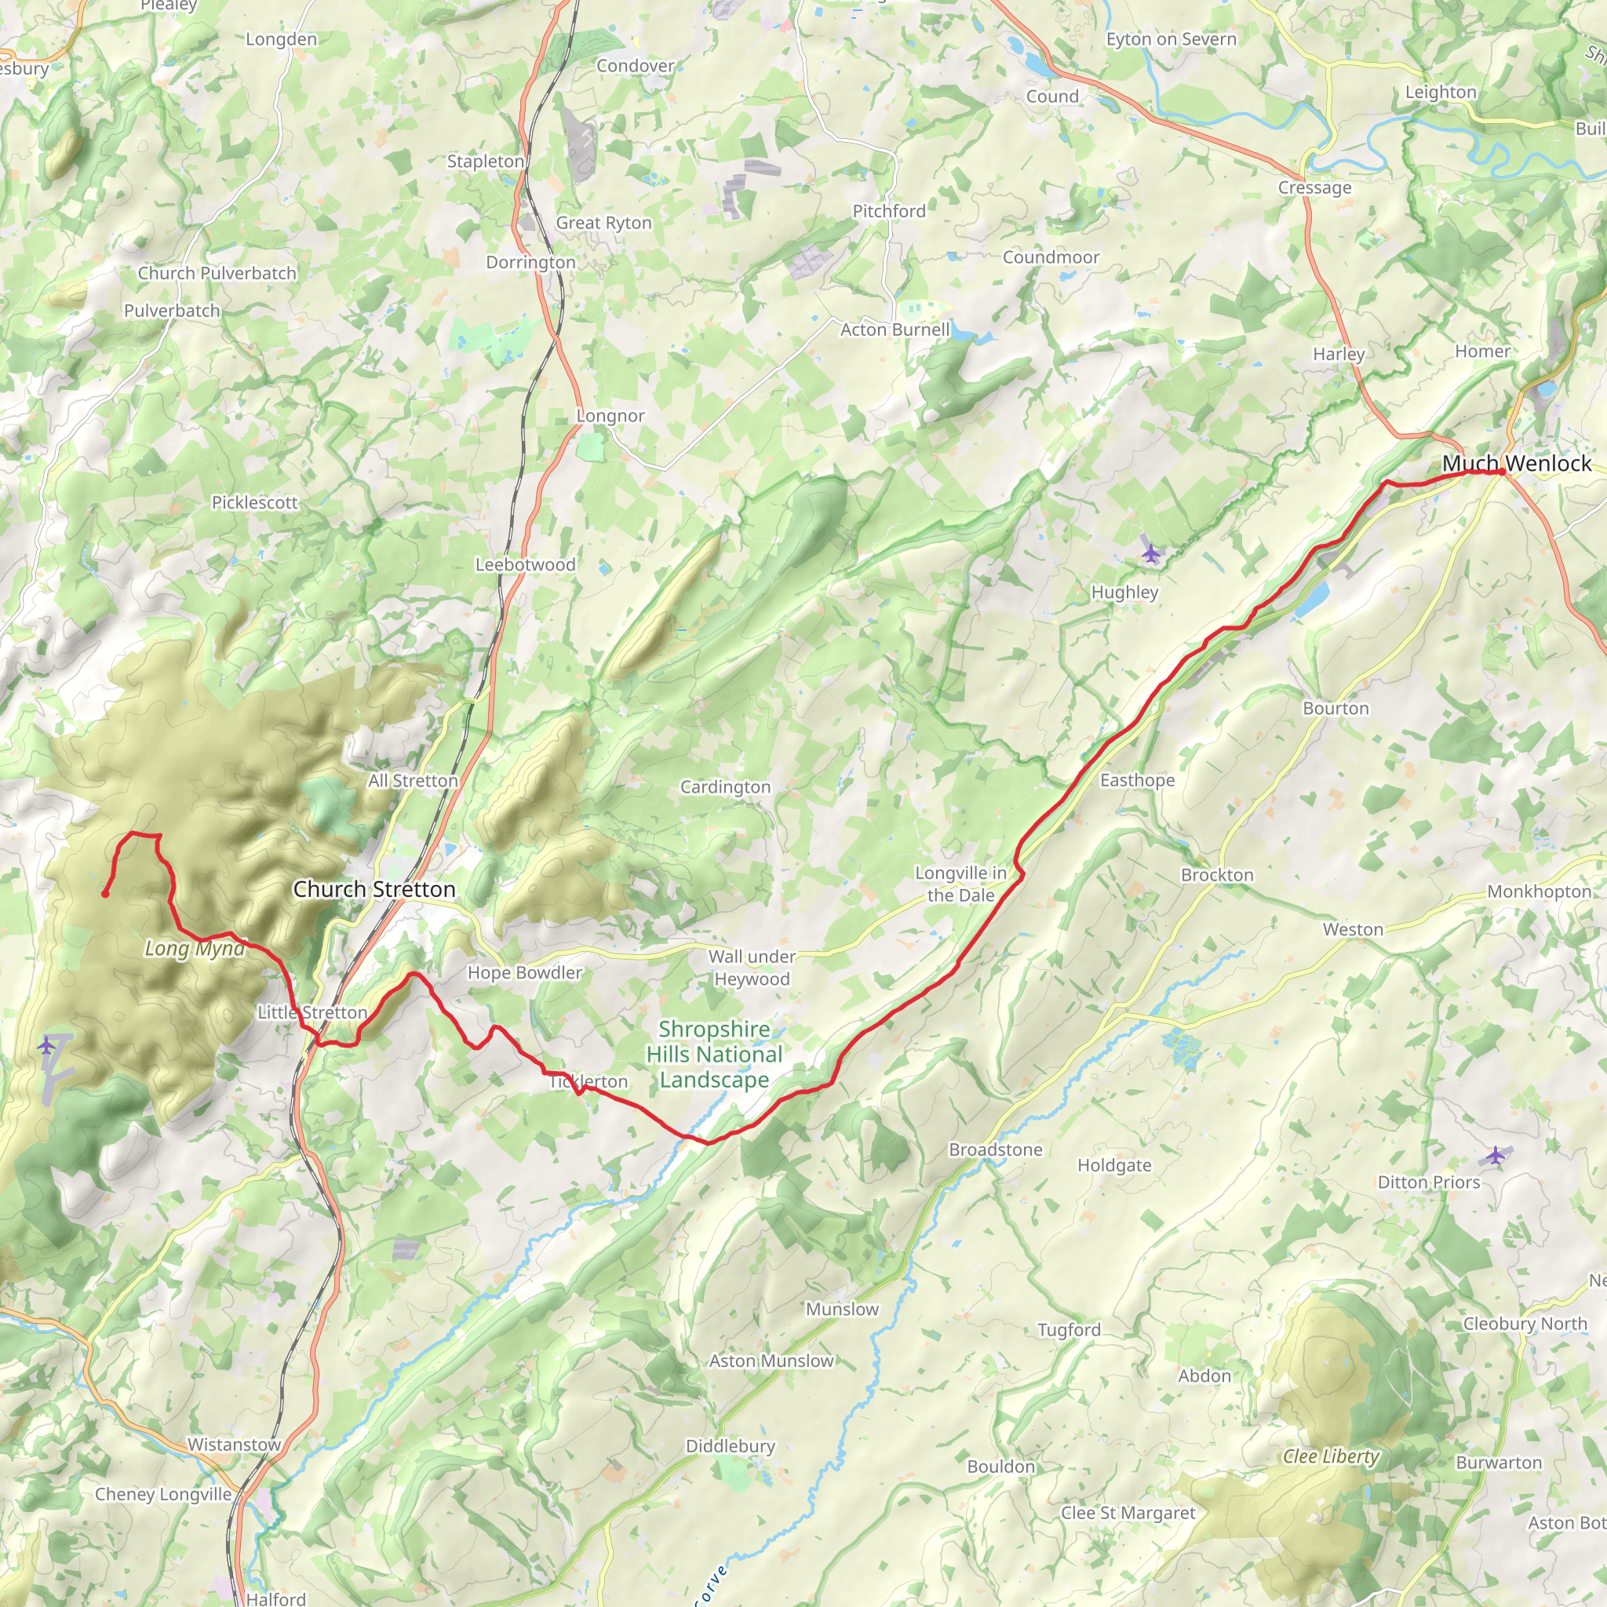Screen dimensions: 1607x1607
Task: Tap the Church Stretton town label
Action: (374, 889)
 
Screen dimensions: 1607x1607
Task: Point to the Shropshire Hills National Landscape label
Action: (715, 1054)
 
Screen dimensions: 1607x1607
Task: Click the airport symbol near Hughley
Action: (1150, 552)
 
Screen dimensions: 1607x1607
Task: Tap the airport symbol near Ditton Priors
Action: (1496, 1155)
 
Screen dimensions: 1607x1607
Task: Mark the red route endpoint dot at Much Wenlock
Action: (1501, 472)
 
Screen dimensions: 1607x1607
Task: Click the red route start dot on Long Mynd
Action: (105, 895)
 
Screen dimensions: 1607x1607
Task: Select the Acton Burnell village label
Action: (895, 330)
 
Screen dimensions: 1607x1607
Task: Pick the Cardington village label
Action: (725, 787)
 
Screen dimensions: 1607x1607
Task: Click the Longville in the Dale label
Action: (960, 884)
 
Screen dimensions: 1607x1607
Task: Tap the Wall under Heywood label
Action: (752, 967)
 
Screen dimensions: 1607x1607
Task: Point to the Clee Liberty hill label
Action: (1331, 1456)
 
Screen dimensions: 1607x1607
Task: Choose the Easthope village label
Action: (1137, 780)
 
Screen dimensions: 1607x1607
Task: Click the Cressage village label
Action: (1314, 188)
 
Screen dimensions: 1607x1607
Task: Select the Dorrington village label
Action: (530, 262)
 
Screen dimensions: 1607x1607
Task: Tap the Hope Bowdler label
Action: (524, 972)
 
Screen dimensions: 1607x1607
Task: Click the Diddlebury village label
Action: (731, 1445)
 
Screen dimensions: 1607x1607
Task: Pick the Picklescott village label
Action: (254, 502)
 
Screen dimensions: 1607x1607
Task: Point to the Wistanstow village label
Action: (235, 1444)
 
